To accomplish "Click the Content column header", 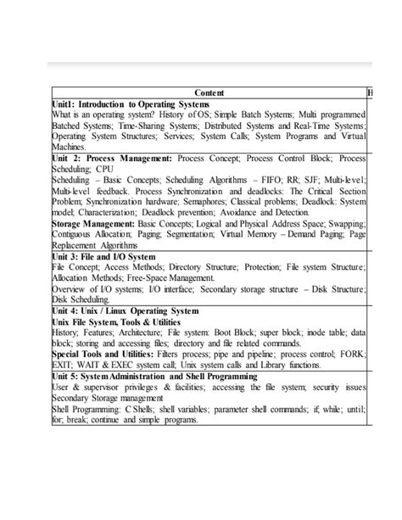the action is pos(209,92).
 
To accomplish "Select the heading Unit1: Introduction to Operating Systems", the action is pos(130,103).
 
